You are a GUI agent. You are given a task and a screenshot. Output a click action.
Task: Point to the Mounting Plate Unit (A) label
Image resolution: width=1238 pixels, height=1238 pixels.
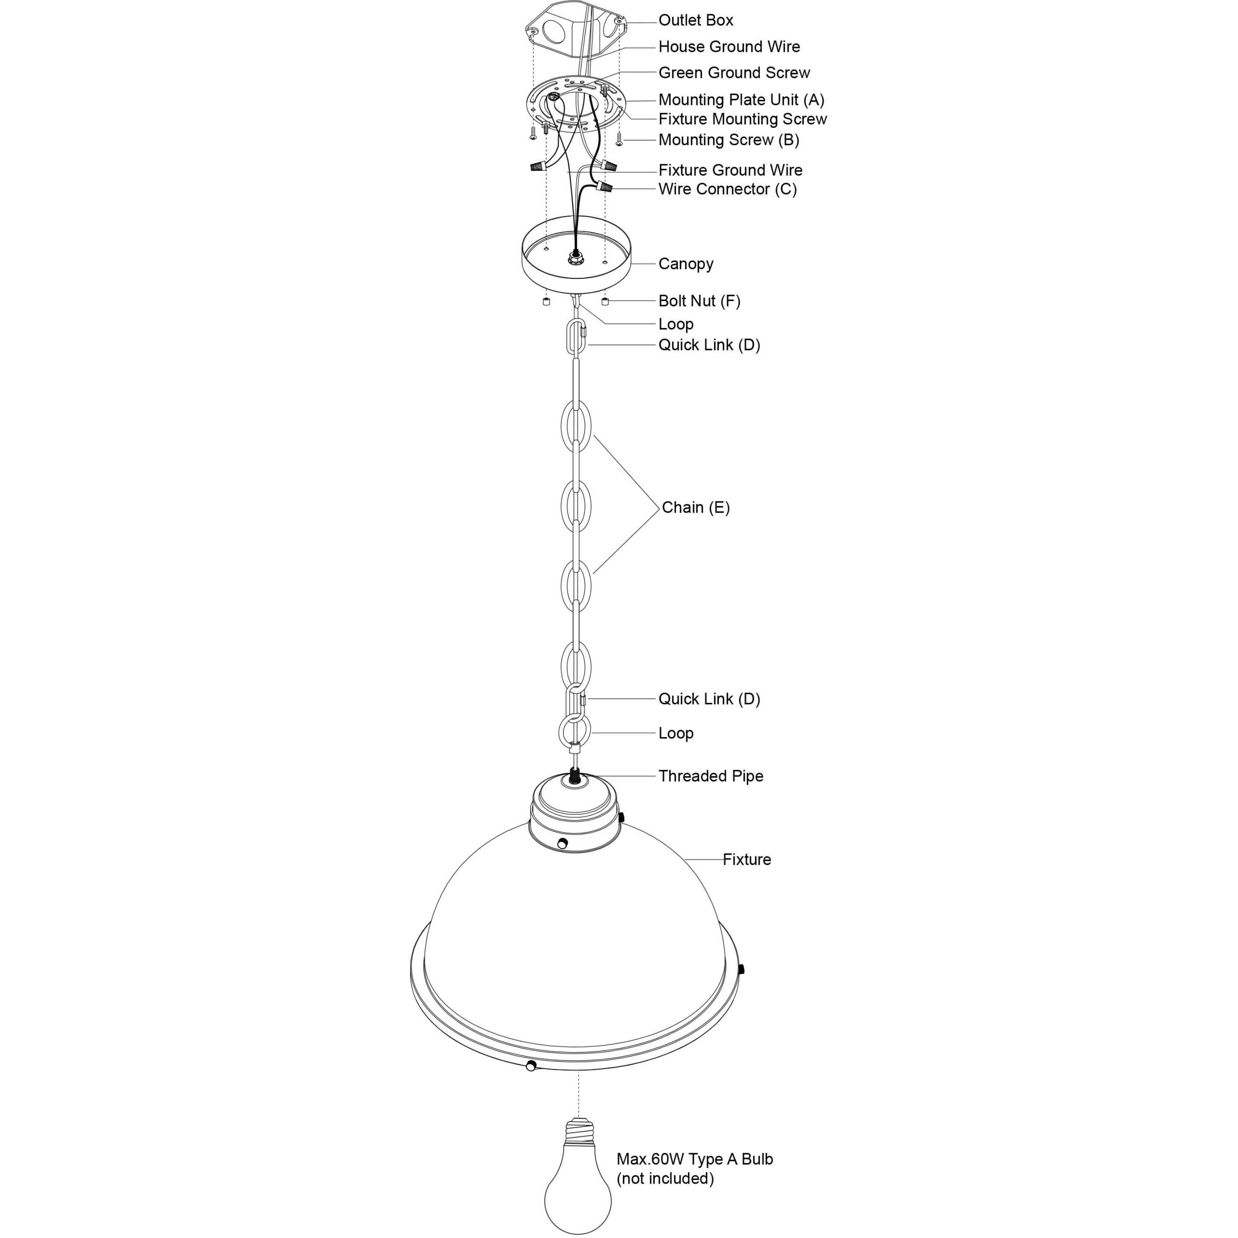(x=741, y=100)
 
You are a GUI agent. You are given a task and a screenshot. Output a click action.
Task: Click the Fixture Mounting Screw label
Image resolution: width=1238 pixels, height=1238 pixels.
(x=742, y=119)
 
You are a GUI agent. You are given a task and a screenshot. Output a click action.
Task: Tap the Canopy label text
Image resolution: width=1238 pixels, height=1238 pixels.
(x=685, y=264)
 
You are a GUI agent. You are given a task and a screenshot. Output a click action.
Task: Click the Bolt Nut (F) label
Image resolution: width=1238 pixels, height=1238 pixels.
(x=699, y=301)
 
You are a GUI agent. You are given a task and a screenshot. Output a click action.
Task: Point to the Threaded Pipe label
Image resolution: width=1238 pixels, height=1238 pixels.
(x=711, y=776)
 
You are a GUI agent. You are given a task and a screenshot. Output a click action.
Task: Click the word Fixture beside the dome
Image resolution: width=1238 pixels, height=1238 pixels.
(x=747, y=859)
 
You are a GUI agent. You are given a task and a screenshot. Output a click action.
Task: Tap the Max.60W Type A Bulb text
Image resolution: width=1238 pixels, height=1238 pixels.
(x=695, y=1159)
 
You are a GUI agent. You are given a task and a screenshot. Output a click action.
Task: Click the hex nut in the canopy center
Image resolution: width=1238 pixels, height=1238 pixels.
(x=575, y=259)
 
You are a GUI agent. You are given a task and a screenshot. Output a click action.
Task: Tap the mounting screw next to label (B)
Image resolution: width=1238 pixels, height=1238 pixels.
(x=619, y=138)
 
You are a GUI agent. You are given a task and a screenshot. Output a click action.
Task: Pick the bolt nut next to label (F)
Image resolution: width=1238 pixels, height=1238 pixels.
(x=605, y=301)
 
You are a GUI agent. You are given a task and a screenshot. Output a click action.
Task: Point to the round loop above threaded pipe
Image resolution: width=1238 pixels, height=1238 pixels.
(x=575, y=731)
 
